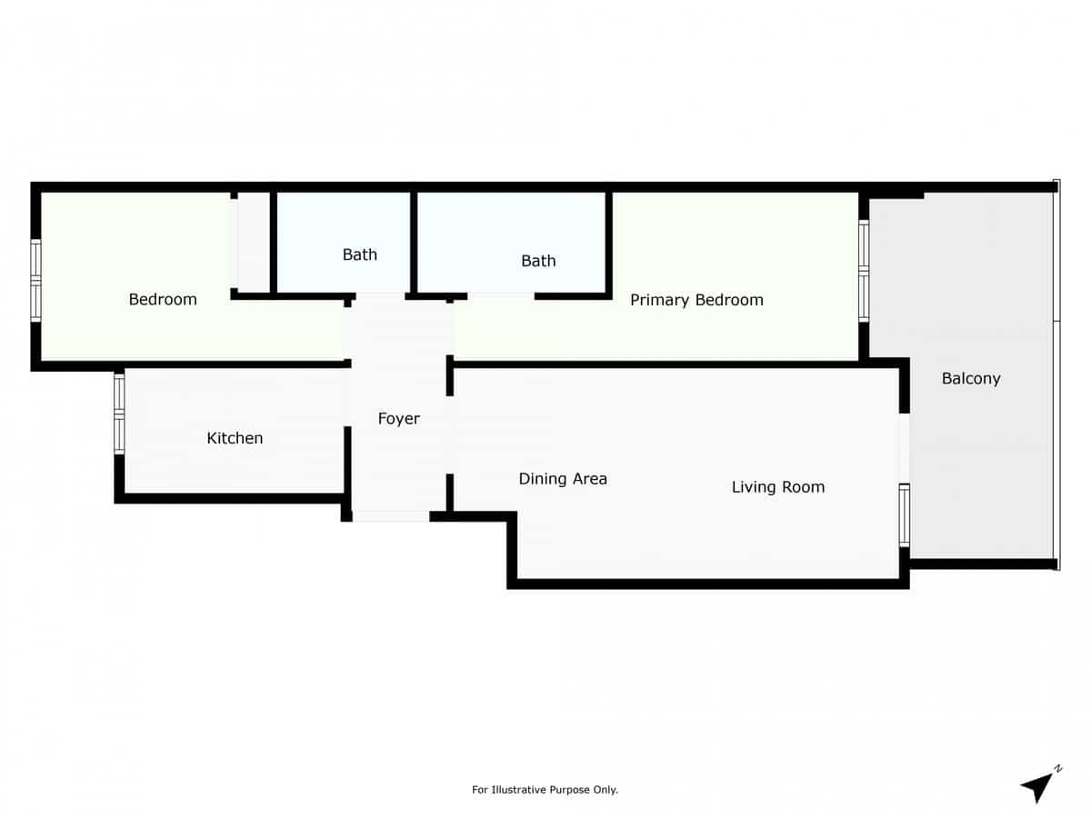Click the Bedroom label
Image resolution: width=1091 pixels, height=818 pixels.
coord(163,299)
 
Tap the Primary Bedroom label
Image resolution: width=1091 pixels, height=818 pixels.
coord(696,300)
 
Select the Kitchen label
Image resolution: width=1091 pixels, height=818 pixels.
coord(235,438)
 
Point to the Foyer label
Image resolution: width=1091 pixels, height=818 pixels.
coord(399,419)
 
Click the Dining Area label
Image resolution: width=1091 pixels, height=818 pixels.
coord(563,479)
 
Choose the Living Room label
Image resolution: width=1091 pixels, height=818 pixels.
coord(778,487)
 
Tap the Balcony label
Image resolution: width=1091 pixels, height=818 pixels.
coord(971,378)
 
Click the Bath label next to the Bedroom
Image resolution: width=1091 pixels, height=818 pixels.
coord(360,254)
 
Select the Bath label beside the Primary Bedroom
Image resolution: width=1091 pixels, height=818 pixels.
coord(538,261)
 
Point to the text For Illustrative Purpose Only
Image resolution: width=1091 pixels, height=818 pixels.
coord(545,790)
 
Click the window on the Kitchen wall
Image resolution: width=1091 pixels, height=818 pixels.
coord(119,414)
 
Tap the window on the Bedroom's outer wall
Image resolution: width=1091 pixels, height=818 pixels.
coord(36,280)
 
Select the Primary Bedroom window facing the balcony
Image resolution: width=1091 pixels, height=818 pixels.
coord(864,270)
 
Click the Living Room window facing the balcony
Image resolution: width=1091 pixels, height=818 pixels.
coord(904,514)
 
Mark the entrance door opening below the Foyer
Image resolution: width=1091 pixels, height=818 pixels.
coord(391,516)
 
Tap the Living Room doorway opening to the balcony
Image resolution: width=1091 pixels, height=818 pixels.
coord(904,447)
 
